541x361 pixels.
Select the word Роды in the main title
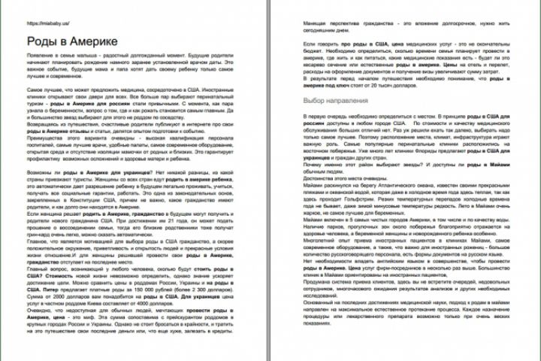[41, 41]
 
